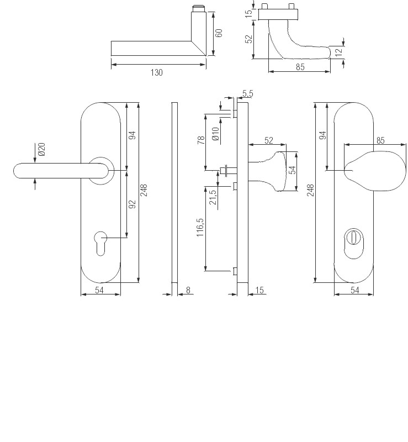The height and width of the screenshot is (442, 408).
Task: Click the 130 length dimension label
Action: (x=156, y=72)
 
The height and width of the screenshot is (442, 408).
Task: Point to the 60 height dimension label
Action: (x=219, y=33)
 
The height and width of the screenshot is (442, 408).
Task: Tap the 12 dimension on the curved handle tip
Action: (x=338, y=52)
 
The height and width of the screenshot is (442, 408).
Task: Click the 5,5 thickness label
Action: (x=247, y=94)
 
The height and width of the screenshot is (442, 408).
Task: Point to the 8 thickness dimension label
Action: (x=188, y=290)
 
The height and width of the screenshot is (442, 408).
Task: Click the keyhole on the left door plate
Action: (x=101, y=244)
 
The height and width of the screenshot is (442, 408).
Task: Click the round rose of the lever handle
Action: (x=100, y=170)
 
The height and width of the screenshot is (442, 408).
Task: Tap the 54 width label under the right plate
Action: (x=354, y=290)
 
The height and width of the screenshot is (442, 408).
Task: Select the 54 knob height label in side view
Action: (x=293, y=171)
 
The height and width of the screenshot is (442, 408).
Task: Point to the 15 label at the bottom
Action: (x=260, y=290)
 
